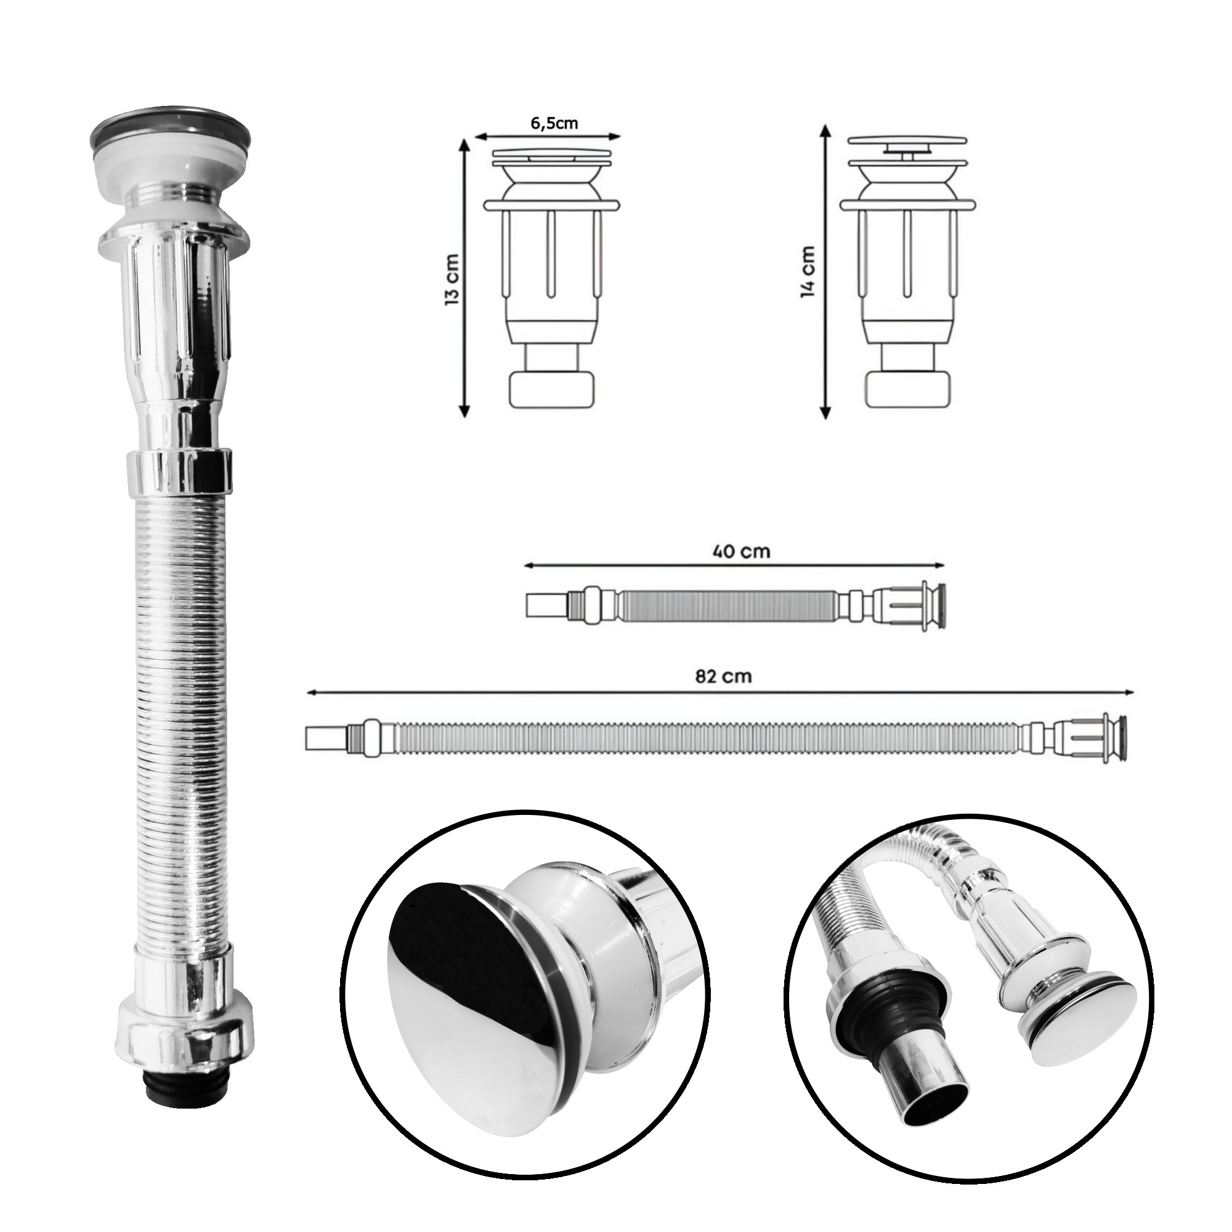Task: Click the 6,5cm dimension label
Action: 554,124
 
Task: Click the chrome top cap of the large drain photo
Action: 170,131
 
